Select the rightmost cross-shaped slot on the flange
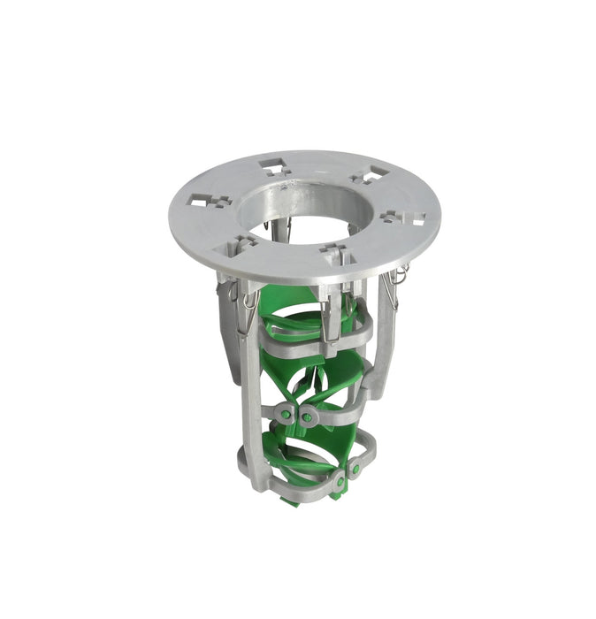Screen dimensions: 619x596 coord(404,217)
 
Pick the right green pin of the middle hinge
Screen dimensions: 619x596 coord(307,416)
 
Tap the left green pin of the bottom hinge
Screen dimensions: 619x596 coord(339,482)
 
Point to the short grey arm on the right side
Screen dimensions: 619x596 coord(385,327)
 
